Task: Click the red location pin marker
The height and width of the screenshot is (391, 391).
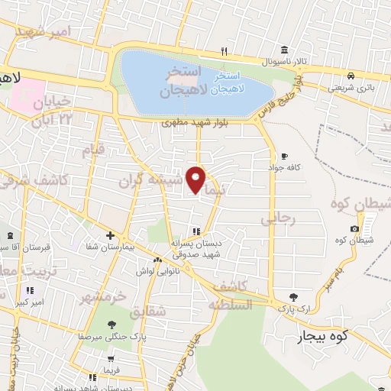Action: (x=196, y=179)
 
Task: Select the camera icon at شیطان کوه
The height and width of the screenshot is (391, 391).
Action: (x=355, y=229)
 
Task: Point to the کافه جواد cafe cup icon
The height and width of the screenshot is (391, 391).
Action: (x=285, y=156)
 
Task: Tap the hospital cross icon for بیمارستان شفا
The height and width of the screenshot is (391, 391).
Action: (x=110, y=235)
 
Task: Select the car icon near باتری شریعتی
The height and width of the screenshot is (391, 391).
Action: (x=350, y=76)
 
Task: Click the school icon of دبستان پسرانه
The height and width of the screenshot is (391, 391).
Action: (x=196, y=231)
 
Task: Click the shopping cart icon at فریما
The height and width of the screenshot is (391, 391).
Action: (x=112, y=359)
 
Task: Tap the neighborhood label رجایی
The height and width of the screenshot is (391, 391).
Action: (x=277, y=219)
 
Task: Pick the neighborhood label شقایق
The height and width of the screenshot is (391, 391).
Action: (x=147, y=312)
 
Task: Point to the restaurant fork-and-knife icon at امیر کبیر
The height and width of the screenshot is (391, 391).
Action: (x=30, y=290)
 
